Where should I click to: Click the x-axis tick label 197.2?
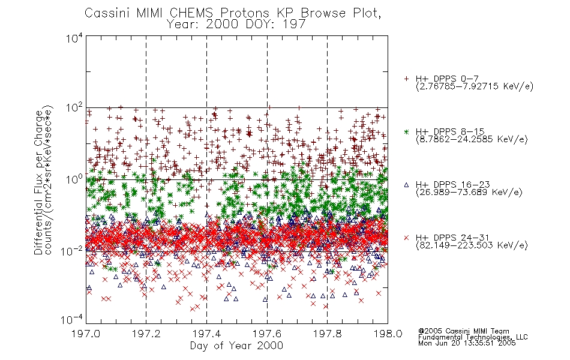146,334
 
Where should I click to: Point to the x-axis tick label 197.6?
267,334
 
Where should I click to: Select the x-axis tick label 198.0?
388,334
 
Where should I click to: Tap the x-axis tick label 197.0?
86,334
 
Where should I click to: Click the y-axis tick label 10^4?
74,38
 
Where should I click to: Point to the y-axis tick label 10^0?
74,179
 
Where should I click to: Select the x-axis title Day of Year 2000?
236,346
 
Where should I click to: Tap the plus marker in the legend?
406,79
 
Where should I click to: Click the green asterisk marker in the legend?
406,131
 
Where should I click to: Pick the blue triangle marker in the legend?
406,185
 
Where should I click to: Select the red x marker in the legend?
406,238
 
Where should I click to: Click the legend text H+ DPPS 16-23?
452,184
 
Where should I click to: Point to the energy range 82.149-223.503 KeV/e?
472,245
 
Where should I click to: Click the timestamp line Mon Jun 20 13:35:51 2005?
467,343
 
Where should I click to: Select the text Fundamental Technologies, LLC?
473,337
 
